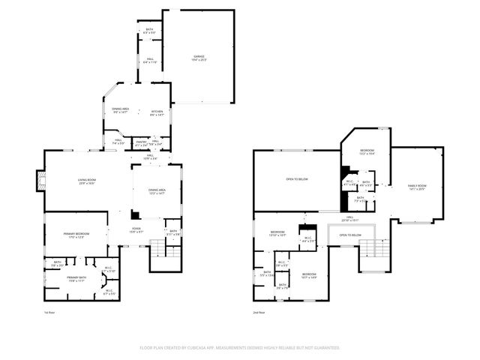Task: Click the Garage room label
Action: (x=199, y=58)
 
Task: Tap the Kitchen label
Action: (x=157, y=112)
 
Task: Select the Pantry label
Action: (x=140, y=142)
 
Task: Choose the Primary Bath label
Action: (x=76, y=279)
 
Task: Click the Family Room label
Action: (x=416, y=187)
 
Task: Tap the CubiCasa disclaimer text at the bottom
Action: (x=240, y=348)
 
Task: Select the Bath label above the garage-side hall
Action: (x=149, y=32)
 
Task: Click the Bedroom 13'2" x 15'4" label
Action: (x=367, y=152)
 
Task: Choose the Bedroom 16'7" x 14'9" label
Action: (x=309, y=276)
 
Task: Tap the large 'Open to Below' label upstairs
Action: (x=297, y=179)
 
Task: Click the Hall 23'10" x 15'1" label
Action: (x=350, y=219)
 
